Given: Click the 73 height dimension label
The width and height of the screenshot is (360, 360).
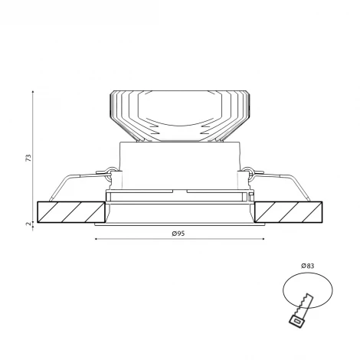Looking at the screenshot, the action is tap(29, 158).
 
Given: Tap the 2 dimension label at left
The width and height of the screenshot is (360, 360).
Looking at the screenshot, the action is tap(29, 224).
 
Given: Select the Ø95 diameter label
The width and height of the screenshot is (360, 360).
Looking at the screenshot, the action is tap(178, 234).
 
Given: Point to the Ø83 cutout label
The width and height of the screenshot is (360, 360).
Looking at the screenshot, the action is tap(307, 266).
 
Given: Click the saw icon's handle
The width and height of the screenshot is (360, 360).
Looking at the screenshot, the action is tap(296, 321).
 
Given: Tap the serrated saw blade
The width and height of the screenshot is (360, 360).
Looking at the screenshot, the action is tap(304, 306).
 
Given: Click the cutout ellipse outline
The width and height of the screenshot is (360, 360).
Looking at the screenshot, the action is tap(283, 290).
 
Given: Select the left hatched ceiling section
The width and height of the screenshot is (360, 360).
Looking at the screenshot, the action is tap(71, 212).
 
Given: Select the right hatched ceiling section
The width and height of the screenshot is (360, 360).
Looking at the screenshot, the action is tap(289, 212).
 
